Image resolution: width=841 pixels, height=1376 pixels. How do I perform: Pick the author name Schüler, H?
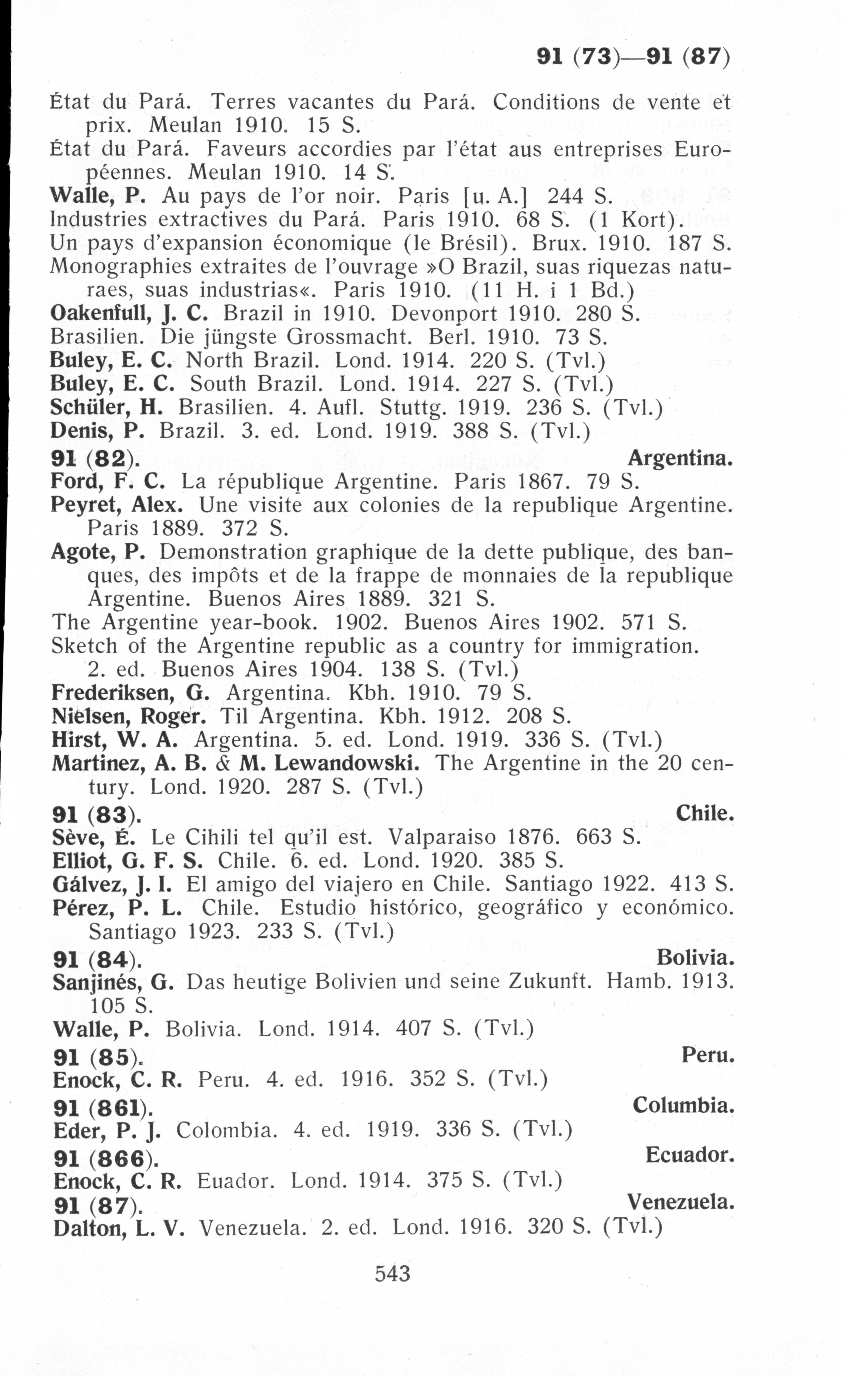point(106,407)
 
